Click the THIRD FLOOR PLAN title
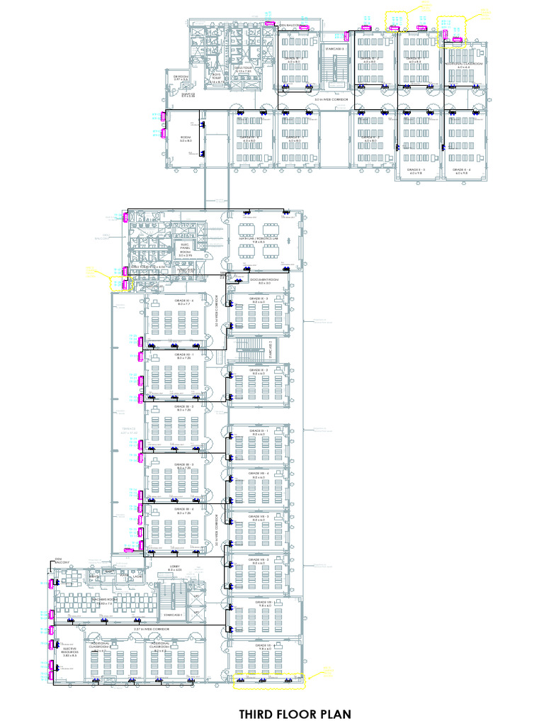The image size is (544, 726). click(295, 713)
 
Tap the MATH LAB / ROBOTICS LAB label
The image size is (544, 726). click(260, 240)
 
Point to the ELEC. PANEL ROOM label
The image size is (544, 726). click(184, 250)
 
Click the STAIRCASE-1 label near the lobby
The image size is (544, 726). click(173, 615)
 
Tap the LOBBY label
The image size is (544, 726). click(174, 568)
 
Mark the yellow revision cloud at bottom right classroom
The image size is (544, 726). click(268, 681)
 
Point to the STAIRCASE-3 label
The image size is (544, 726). click(334, 49)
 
